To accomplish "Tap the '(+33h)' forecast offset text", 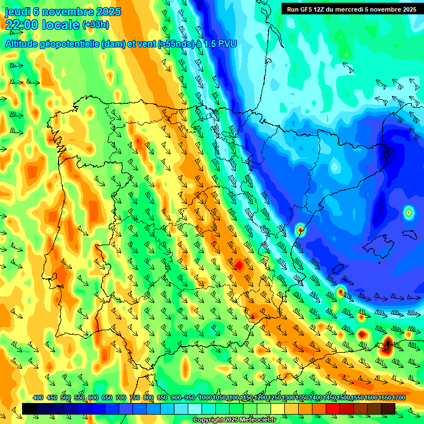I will tap(96, 24).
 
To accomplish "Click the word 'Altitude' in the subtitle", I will tap(25, 44).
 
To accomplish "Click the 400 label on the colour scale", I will tap(38, 397).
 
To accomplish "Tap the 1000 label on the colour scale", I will tap(205, 397).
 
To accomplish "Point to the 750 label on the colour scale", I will tap(135, 397).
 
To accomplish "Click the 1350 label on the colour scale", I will tap(302, 397).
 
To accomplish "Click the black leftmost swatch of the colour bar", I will tap(29, 409).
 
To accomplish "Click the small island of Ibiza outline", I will tap(338, 269).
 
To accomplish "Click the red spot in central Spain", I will tap(239, 265).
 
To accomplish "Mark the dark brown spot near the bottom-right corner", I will tap(388, 346).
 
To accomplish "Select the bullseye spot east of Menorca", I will tap(408, 212).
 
